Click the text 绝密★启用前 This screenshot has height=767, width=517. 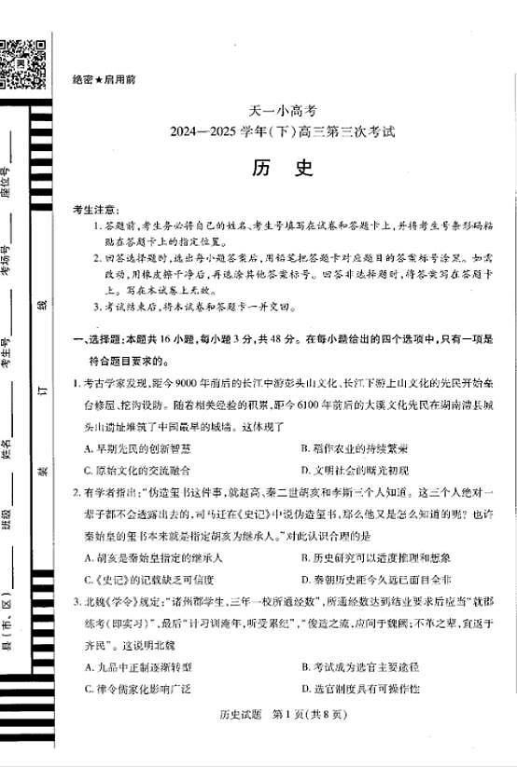(x=104, y=79)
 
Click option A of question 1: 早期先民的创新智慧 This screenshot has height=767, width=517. (x=134, y=448)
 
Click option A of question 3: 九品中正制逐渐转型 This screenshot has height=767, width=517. (x=136, y=667)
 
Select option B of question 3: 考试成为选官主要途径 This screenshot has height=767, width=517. (x=360, y=667)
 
